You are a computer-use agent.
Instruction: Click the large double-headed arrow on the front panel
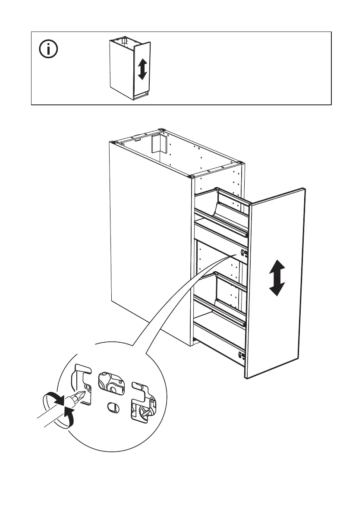click(277, 278)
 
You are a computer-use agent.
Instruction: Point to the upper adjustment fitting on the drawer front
click(242, 255)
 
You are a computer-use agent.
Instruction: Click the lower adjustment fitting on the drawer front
click(242, 356)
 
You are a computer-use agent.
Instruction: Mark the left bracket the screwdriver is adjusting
click(84, 384)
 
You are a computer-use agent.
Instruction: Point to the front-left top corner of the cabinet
click(191, 177)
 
